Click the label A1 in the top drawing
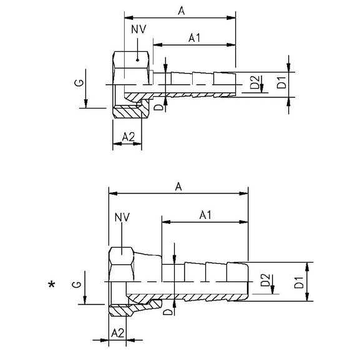(195, 38)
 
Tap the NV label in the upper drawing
(139, 29)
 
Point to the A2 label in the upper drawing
(129, 136)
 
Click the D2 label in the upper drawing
(255, 82)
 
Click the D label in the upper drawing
(160, 107)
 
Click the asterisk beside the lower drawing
(51, 286)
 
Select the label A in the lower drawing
(178, 186)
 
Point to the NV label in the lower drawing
(122, 216)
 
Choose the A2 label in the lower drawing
(117, 333)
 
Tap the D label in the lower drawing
(167, 312)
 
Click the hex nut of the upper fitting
(131, 62)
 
